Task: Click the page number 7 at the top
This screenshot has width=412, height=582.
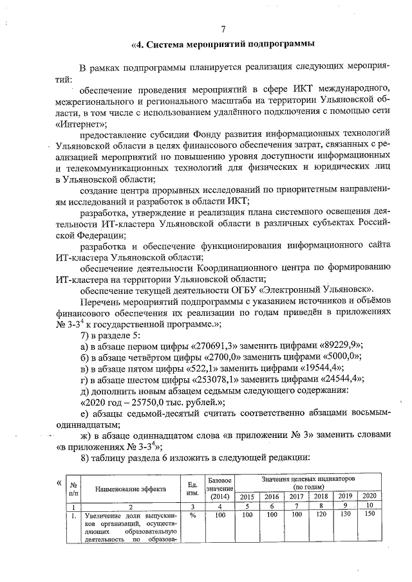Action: point(222,29)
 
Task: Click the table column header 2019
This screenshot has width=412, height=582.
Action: point(346,496)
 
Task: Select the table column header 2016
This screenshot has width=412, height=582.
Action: point(272,496)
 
